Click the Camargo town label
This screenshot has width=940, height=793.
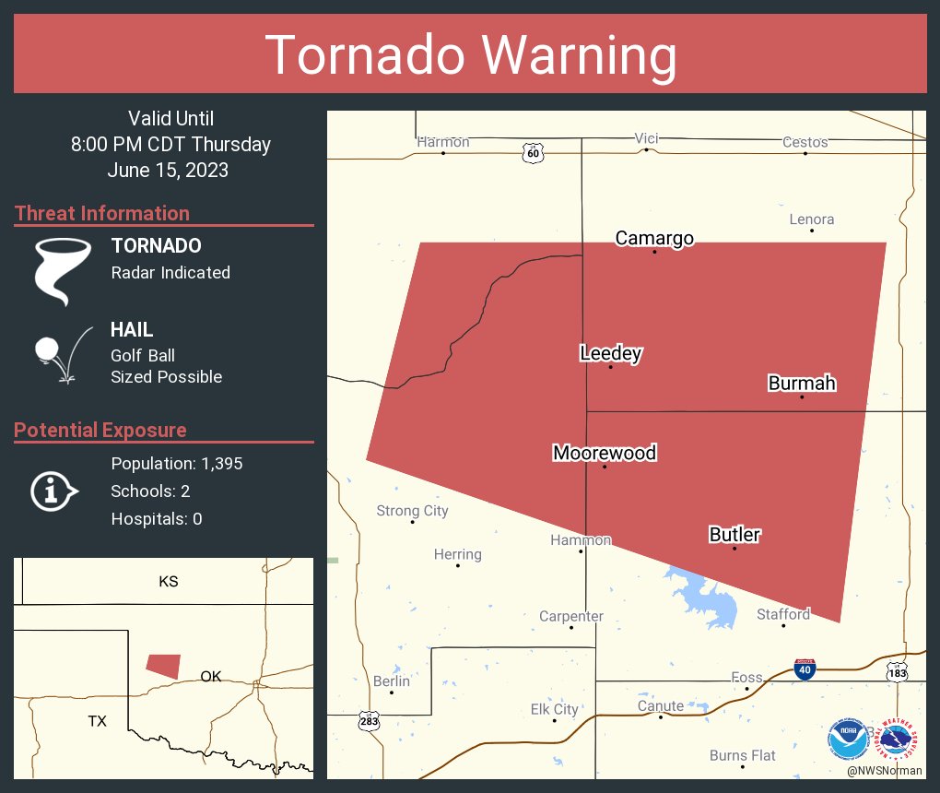(654, 239)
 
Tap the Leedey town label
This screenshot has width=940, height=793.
(610, 353)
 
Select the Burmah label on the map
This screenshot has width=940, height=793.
(802, 384)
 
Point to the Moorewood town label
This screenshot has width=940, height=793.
(605, 453)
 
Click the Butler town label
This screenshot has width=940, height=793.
(734, 535)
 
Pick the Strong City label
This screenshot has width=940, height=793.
(412, 511)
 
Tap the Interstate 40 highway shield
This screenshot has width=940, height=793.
(805, 669)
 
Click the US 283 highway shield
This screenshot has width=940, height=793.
(370, 721)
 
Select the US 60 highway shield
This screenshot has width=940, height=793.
(533, 153)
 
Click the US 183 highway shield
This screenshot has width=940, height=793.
(898, 673)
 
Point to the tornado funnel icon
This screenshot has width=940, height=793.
(63, 270)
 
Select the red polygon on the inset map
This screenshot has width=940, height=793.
(164, 666)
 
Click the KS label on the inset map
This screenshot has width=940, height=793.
(168, 582)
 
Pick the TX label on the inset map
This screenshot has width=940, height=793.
(98, 721)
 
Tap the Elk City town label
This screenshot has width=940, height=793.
(554, 709)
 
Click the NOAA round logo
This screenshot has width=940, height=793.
(847, 739)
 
